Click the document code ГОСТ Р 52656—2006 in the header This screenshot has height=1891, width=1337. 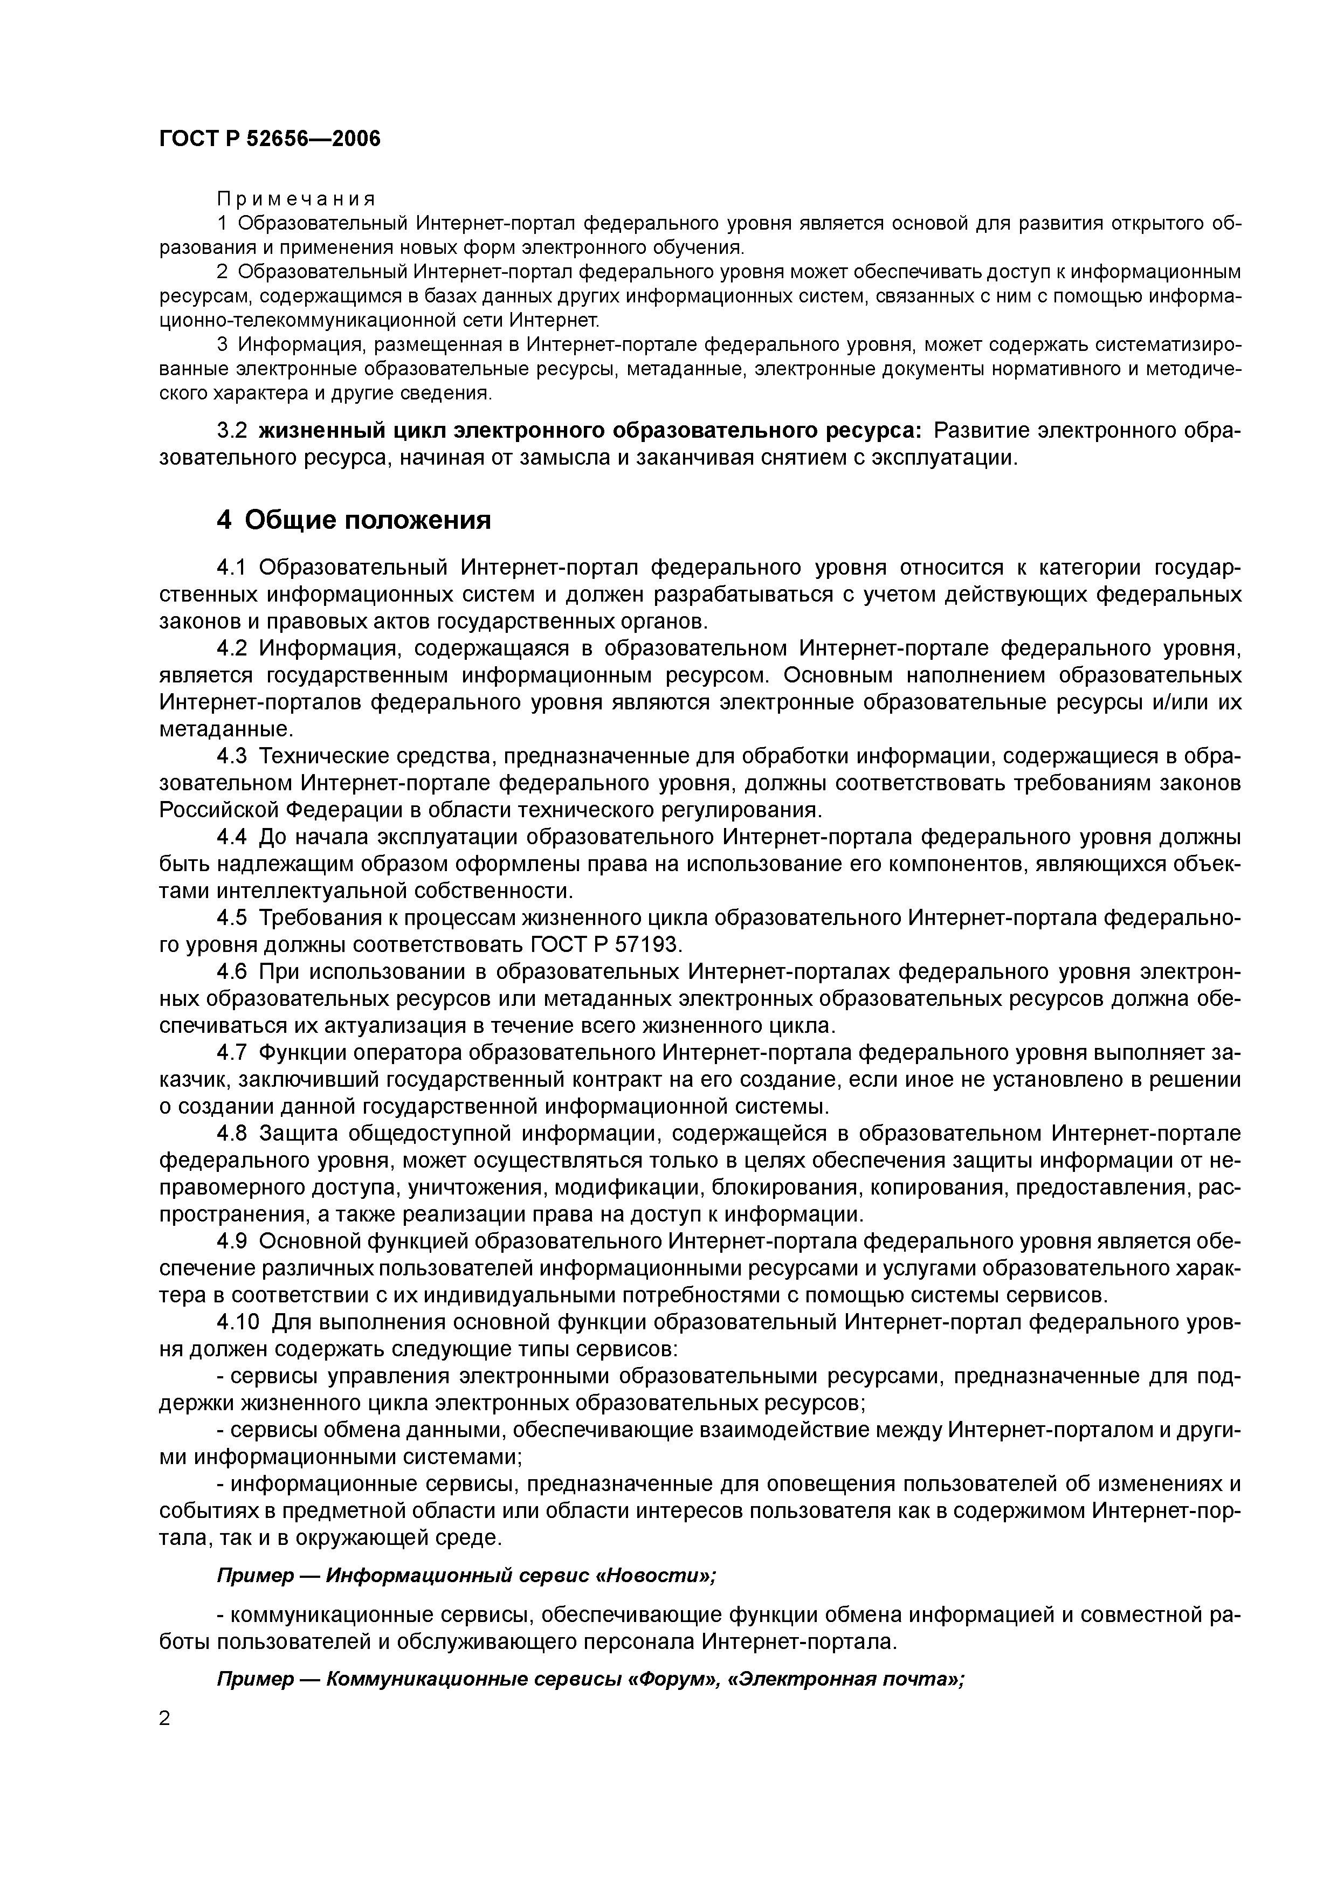(270, 139)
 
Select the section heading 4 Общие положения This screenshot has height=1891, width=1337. (354, 520)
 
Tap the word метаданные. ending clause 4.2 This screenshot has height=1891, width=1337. (226, 729)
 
